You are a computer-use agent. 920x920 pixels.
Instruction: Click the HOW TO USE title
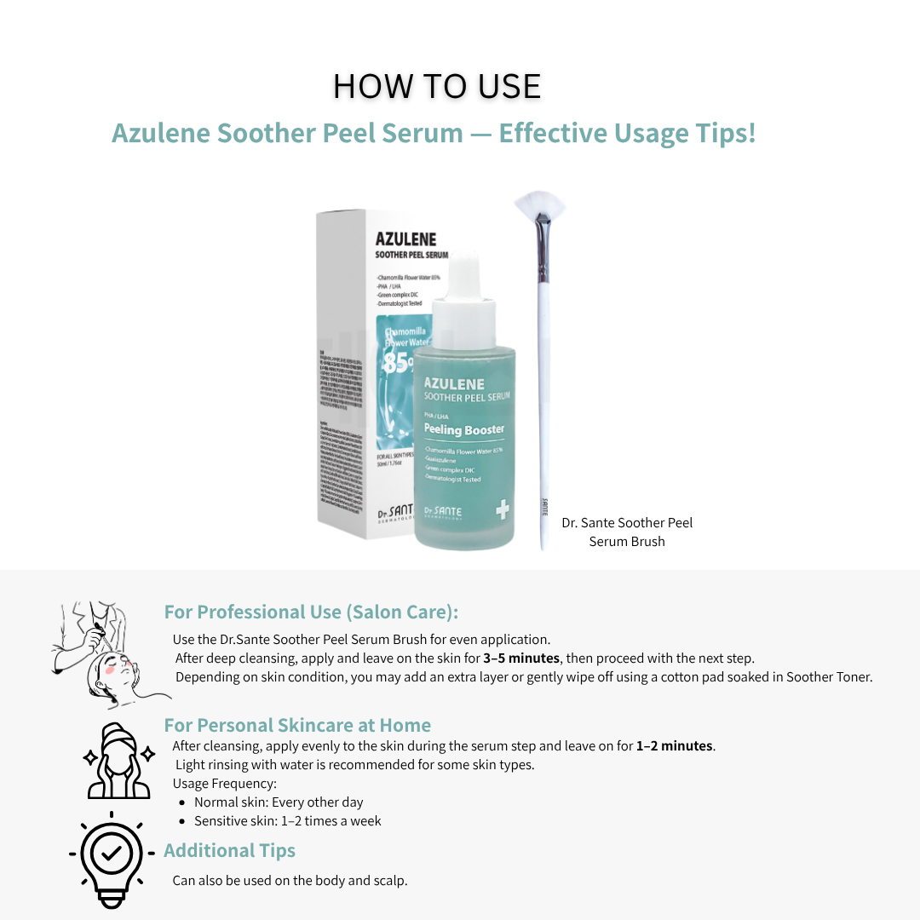[x=436, y=87]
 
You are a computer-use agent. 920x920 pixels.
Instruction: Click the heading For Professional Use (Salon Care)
[x=311, y=612]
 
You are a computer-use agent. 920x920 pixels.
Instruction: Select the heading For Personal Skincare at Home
[x=297, y=725]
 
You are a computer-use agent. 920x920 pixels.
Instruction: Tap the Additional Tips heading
[x=229, y=850]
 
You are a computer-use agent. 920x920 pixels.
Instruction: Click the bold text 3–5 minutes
[x=521, y=658]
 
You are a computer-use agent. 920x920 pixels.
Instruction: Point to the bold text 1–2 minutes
[x=675, y=746]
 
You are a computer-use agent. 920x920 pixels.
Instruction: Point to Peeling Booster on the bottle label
[x=464, y=430]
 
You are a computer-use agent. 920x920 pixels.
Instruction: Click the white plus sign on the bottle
[x=502, y=510]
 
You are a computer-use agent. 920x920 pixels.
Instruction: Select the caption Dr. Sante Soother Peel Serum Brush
[x=627, y=532]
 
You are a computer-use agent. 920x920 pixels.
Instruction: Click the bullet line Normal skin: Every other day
[x=279, y=802]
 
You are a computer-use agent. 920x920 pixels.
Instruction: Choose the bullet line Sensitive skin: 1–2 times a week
[x=287, y=821]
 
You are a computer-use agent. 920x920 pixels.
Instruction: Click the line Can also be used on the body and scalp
[x=290, y=880]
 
